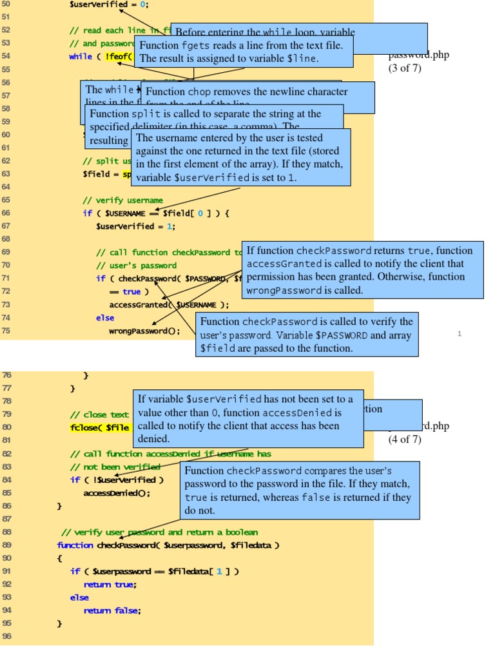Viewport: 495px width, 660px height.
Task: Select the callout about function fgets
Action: pos(244,52)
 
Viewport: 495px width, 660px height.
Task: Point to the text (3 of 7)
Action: pos(404,68)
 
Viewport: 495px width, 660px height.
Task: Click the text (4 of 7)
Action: pos(404,440)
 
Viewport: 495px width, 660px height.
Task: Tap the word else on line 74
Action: pos(104,318)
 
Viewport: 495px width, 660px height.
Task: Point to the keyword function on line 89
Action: pos(75,545)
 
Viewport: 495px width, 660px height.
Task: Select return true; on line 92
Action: pos(110,585)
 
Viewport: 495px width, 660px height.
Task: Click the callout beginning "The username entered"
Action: pos(240,157)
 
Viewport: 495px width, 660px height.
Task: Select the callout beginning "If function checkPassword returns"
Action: pos(364,271)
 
